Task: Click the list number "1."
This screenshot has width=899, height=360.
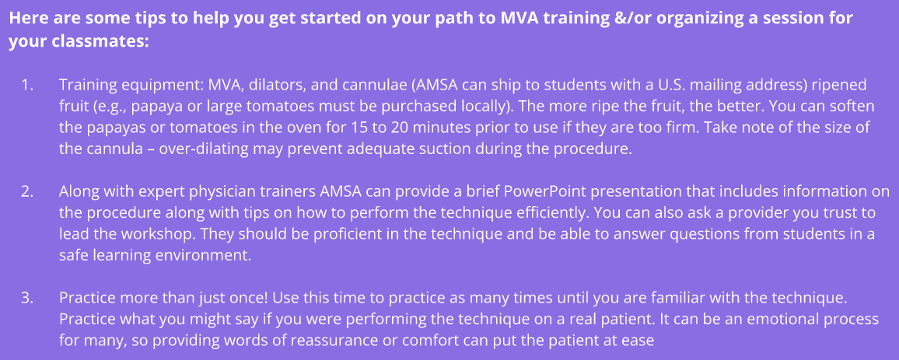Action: point(28,86)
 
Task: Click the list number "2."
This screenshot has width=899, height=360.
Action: point(28,192)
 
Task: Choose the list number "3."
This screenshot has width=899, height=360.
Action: point(28,299)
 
